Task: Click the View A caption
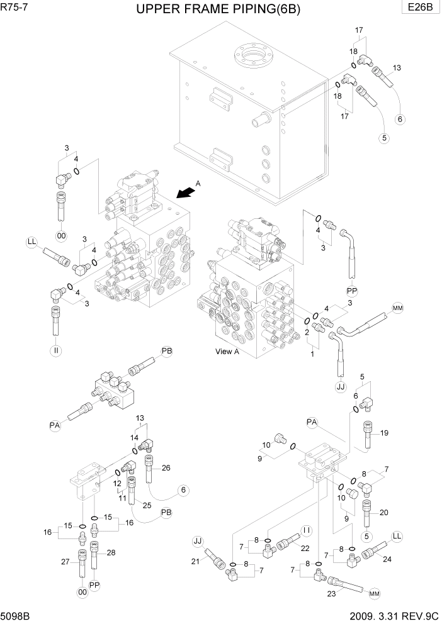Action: [227, 352]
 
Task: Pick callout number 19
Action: [385, 433]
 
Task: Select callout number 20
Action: [385, 512]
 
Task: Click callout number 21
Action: [195, 561]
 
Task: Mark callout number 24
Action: [387, 558]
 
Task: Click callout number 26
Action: [166, 467]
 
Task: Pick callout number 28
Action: [111, 552]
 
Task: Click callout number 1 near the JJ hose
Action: [311, 355]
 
